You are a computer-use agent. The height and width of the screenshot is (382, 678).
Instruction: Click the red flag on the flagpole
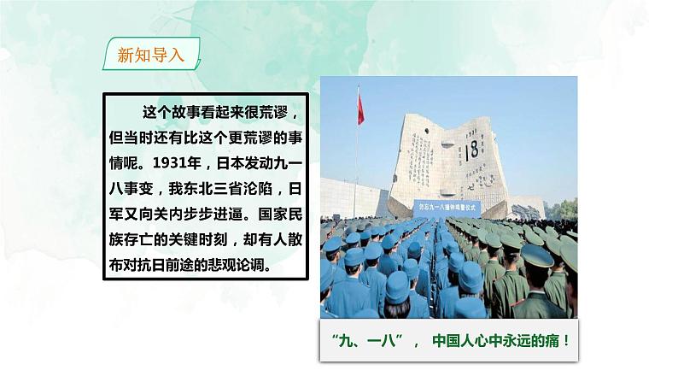[x=360, y=109]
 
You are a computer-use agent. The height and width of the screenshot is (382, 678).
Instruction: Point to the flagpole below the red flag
[x=356, y=171]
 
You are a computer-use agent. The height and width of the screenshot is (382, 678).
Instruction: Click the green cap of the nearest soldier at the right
[x=539, y=256]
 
